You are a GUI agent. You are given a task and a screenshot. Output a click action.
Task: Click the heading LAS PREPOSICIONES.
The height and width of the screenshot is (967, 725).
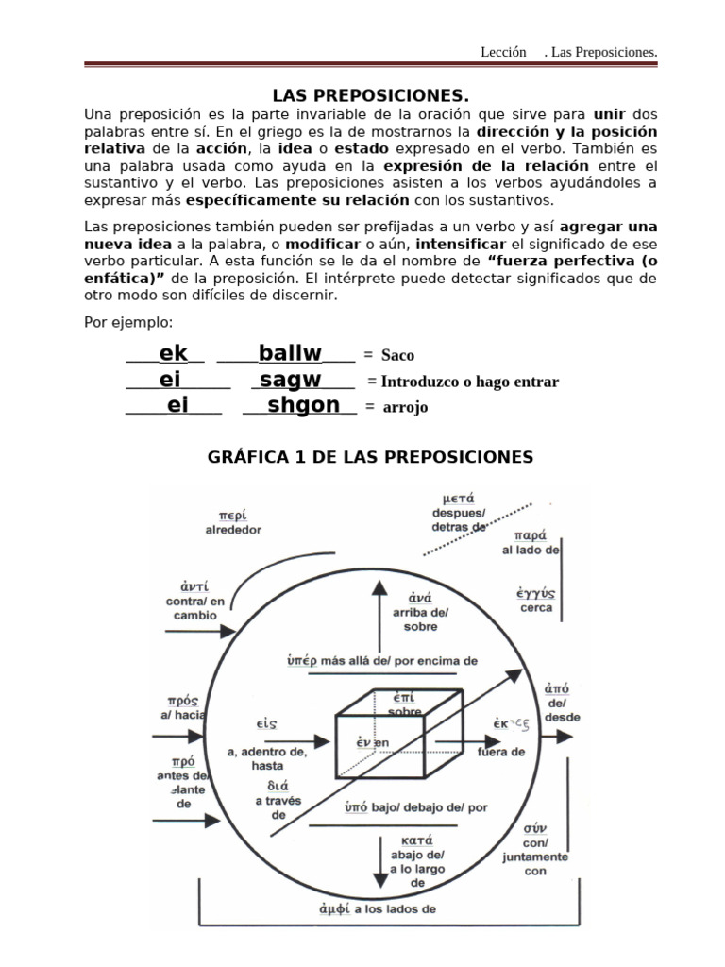point(370,96)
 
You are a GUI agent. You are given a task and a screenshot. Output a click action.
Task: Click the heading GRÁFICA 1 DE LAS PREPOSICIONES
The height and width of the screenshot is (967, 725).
point(370,457)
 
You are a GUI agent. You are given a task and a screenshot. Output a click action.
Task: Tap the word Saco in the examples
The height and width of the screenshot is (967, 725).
point(397,356)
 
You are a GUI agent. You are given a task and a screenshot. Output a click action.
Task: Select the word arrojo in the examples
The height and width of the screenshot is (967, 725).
point(405,408)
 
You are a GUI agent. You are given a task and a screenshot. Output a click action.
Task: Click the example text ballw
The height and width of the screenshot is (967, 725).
point(290,354)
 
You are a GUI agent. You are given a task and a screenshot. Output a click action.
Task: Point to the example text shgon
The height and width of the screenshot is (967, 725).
point(303,405)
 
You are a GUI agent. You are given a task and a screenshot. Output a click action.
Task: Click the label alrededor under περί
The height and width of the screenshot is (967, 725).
point(233,531)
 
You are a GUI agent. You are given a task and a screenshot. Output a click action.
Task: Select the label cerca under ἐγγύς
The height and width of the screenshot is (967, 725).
point(536,608)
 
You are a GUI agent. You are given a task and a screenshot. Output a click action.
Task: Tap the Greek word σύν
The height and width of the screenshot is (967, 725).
point(535,828)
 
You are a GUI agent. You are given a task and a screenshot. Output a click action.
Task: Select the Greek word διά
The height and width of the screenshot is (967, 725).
point(278,785)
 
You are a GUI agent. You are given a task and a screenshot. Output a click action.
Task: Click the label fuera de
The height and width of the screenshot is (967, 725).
point(501,752)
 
